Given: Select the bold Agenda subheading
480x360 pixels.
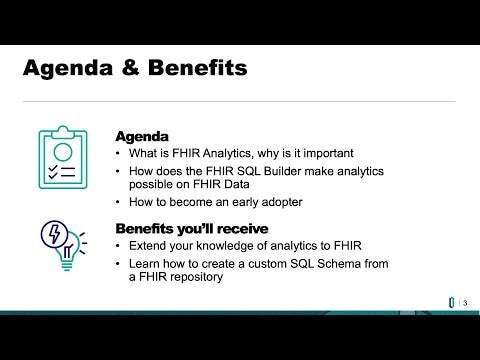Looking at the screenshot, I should pyautogui.click(x=142, y=135).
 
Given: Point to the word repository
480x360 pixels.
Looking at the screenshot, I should pyautogui.click(x=199, y=278).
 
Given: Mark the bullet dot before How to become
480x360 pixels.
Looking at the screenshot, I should pyautogui.click(x=120, y=204).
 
